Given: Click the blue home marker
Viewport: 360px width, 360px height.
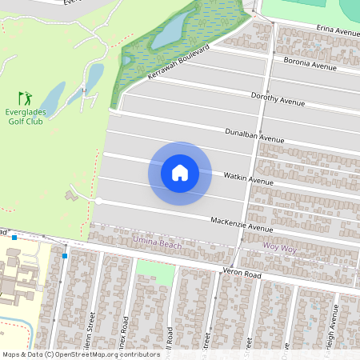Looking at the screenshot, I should point(180,173).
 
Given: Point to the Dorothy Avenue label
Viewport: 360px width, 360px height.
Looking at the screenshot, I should point(278,100).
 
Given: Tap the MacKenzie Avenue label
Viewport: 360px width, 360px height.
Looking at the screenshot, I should point(242,224).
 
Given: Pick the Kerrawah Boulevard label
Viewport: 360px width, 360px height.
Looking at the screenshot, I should point(178,63).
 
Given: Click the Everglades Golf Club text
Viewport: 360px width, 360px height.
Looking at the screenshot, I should point(25,117).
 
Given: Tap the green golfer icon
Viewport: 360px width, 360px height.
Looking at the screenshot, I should point(25,98).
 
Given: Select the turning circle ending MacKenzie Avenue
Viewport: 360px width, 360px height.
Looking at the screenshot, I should point(99,201).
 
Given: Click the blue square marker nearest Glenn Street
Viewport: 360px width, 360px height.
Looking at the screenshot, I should point(64,255).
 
